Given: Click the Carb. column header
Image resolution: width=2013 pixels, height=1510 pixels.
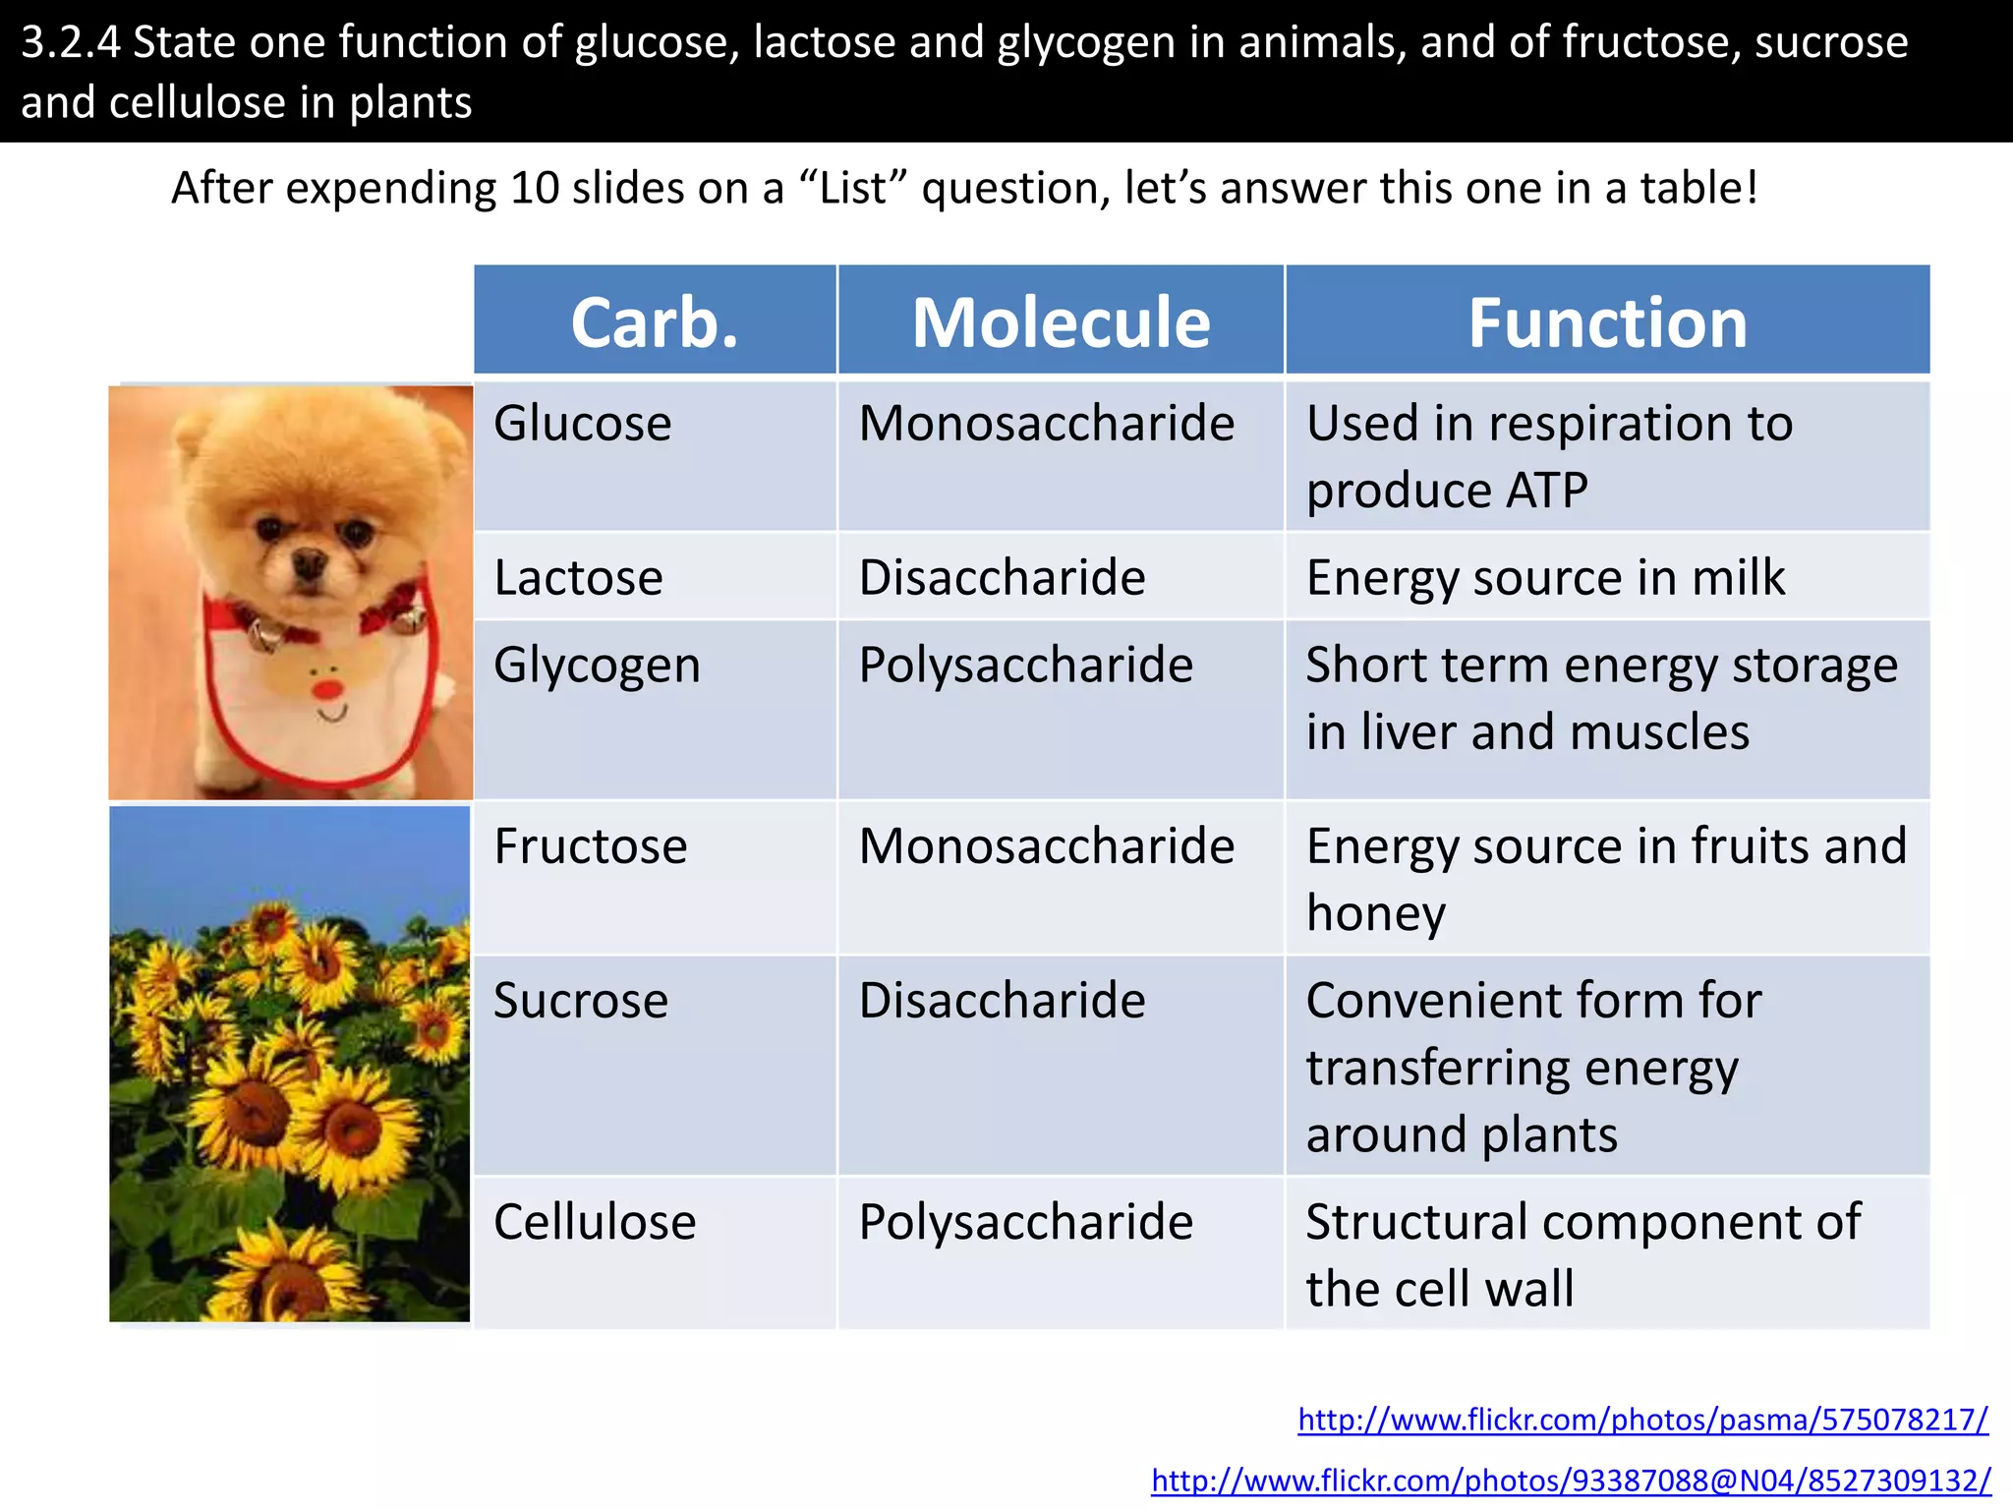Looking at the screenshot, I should (655, 322).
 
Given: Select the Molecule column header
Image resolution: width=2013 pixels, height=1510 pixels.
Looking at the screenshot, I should (1061, 322).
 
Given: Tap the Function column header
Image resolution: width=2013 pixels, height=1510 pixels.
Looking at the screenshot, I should (1607, 322).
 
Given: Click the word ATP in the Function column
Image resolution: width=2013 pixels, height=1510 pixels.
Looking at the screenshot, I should (1546, 491).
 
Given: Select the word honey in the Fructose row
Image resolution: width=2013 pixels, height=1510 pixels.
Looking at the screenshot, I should (1376, 914).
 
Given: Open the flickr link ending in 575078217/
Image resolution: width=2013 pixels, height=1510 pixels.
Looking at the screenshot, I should (1642, 1420).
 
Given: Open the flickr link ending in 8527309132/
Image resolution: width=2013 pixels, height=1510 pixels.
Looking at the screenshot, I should (1571, 1481).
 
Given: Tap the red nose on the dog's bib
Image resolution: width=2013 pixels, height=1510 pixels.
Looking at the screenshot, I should (327, 687).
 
